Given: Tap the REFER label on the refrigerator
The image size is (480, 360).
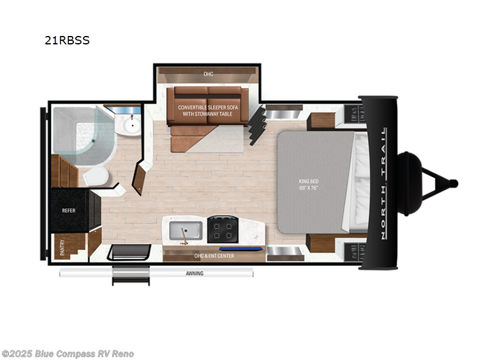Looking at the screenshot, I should (x=68, y=211).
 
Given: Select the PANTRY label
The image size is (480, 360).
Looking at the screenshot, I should (x=63, y=248).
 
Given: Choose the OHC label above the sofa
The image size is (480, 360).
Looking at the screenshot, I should (x=208, y=74).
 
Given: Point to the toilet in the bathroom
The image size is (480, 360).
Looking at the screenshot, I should (x=96, y=176).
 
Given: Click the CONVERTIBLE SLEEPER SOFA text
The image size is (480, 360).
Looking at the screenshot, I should (x=207, y=107).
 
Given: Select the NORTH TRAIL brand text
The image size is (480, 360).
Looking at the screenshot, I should (x=383, y=183).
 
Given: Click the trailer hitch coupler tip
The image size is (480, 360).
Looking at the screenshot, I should (x=455, y=183).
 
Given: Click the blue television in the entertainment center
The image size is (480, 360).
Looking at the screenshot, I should (x=241, y=248).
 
